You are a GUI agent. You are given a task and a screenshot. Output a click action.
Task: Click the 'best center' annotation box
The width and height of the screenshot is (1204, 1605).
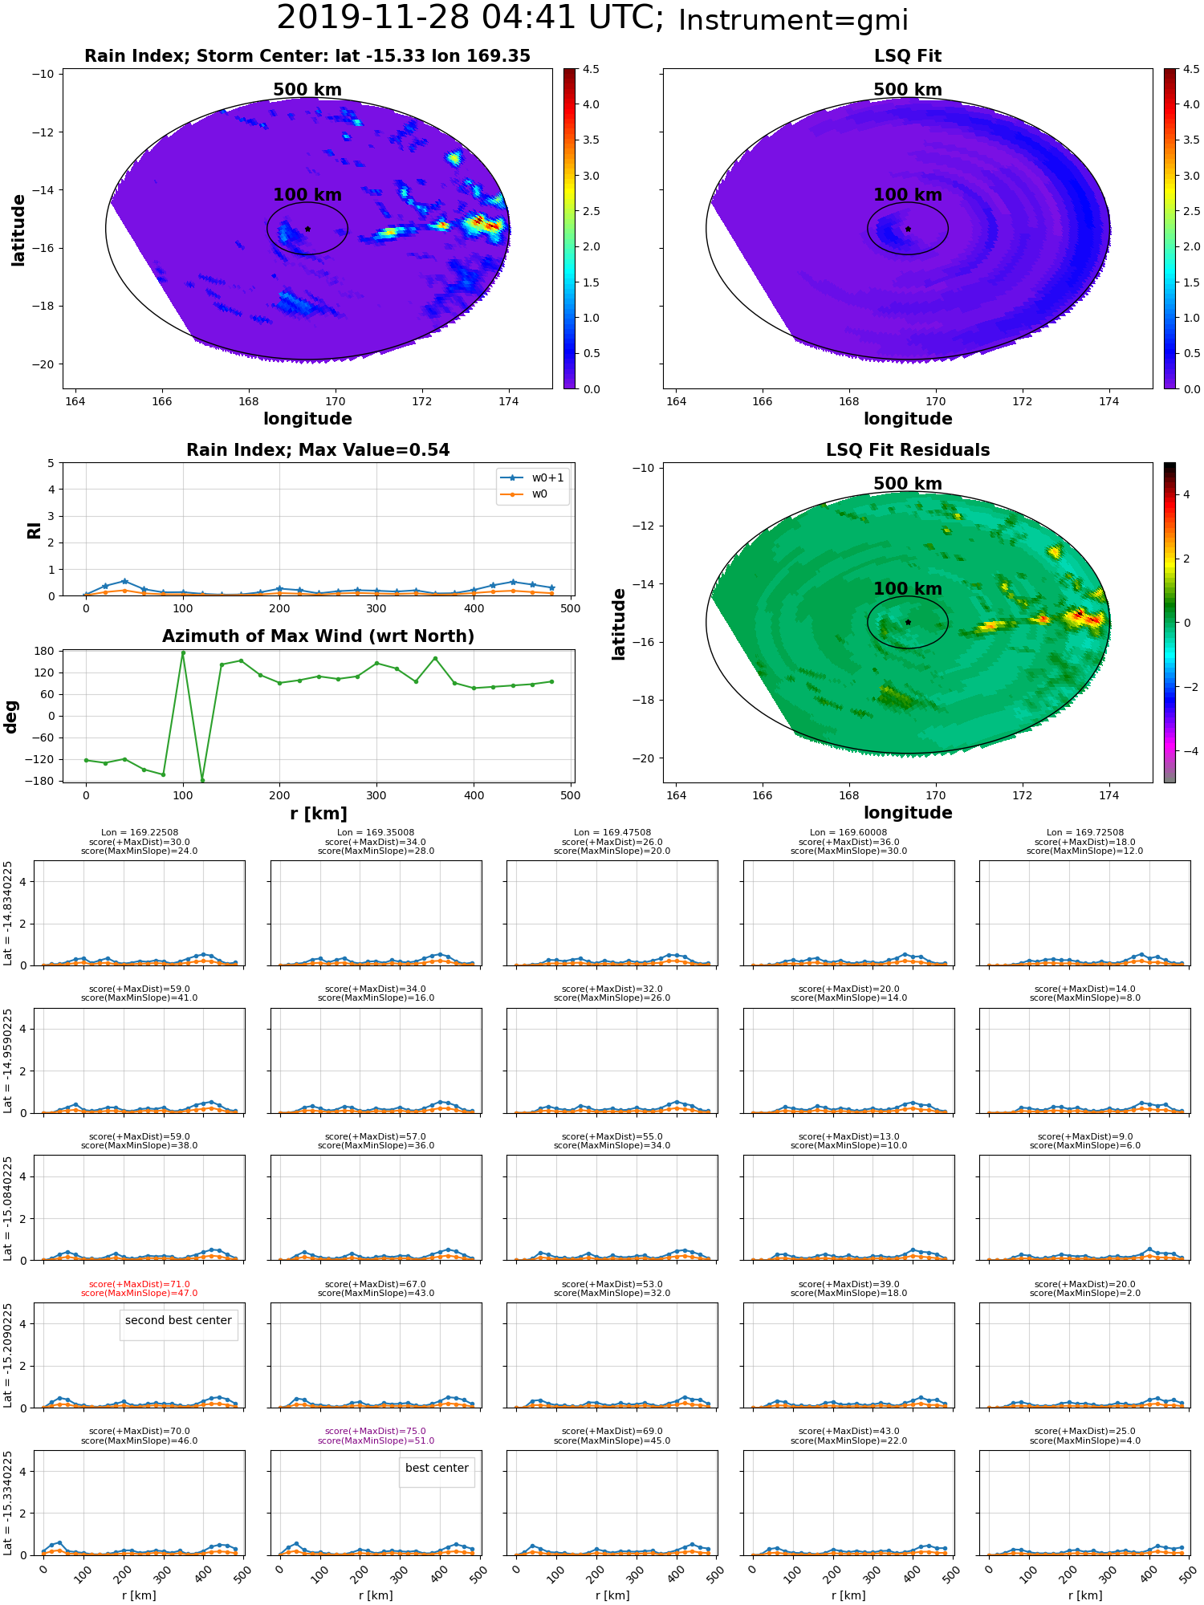(437, 1468)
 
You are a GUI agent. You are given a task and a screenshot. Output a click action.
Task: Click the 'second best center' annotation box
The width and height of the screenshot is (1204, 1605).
(178, 1320)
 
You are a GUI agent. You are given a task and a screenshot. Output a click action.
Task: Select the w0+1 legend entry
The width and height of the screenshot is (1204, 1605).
(533, 477)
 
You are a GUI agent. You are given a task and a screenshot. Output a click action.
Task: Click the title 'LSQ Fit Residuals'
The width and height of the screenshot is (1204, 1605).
(908, 450)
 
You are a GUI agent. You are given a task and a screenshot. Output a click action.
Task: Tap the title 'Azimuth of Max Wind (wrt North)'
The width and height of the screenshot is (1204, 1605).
(318, 636)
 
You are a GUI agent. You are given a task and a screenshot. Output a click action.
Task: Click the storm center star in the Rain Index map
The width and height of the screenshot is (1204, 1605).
(307, 229)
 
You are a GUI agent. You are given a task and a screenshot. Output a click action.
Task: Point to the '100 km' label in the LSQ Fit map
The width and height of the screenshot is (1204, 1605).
(908, 195)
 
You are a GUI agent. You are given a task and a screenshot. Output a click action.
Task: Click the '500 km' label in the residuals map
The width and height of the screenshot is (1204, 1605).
(908, 484)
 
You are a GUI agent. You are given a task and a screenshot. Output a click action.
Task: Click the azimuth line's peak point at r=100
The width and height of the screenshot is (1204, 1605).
(183, 652)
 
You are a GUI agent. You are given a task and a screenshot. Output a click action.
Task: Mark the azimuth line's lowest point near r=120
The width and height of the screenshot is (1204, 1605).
(202, 780)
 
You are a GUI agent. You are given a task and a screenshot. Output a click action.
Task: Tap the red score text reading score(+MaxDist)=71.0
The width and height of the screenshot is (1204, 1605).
(140, 1284)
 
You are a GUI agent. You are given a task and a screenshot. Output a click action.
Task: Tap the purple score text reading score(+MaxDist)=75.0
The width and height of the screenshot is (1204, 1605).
(376, 1431)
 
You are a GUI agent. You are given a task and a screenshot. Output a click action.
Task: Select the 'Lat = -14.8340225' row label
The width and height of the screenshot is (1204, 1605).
(8, 913)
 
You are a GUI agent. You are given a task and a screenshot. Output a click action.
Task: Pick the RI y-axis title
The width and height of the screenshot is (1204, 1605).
(35, 530)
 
